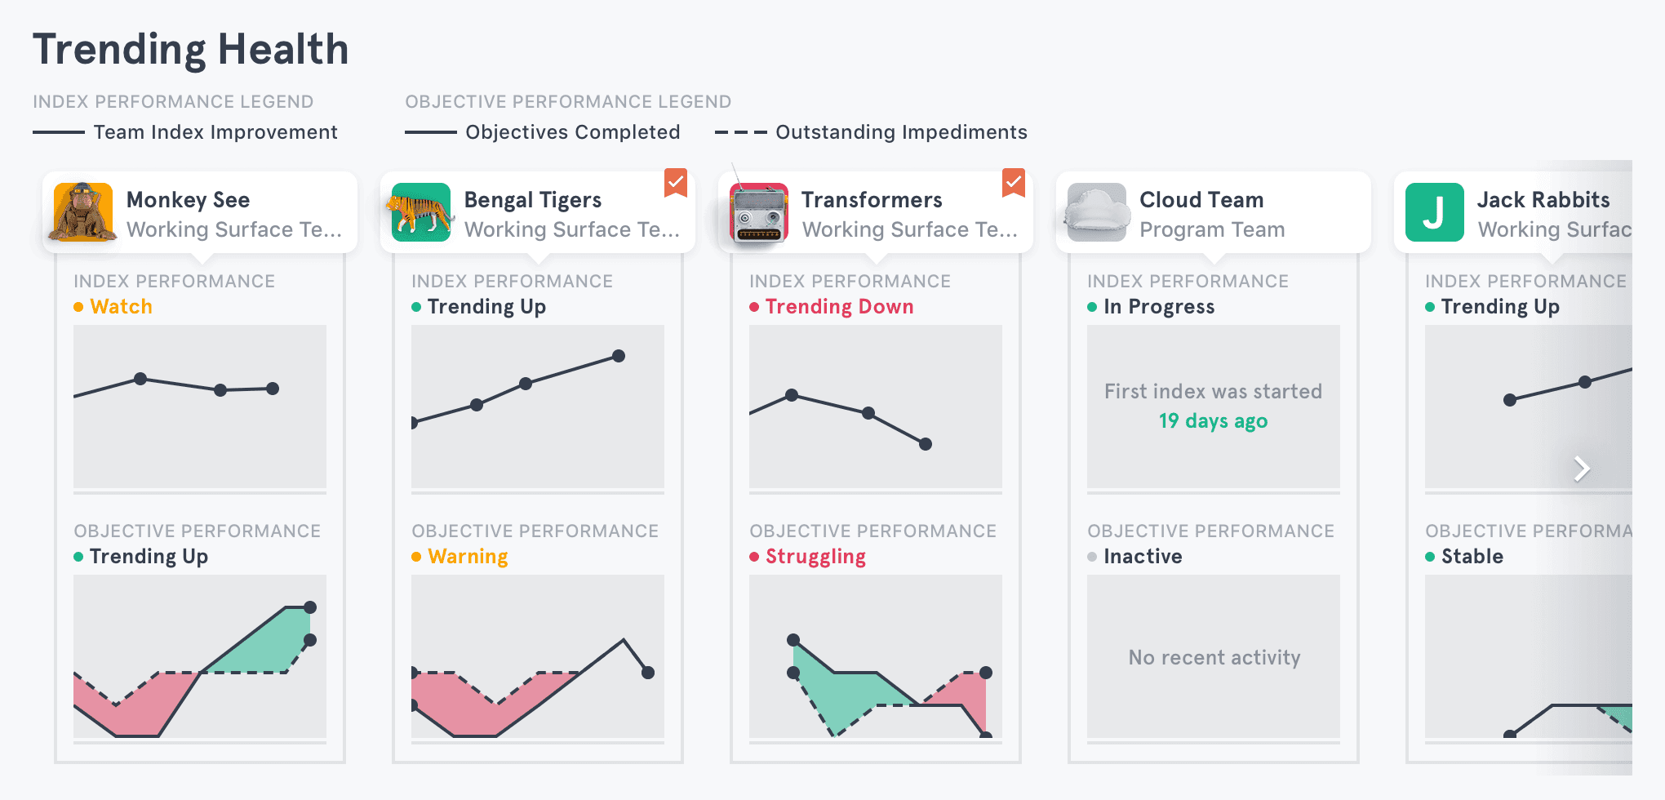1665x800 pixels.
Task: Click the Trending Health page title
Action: [x=190, y=50]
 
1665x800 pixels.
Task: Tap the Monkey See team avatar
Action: [x=82, y=212]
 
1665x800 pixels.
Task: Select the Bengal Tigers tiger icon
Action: [x=420, y=212]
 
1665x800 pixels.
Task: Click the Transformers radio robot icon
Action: [x=759, y=212]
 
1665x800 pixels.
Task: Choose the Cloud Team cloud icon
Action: [x=1097, y=212]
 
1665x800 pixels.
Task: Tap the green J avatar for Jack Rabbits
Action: [x=1434, y=212]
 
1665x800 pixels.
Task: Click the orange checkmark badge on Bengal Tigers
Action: [x=676, y=183]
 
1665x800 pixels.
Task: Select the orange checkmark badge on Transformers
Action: [x=1014, y=183]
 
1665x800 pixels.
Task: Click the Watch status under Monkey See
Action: [x=121, y=307]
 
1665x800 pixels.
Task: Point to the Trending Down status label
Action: [x=839, y=307]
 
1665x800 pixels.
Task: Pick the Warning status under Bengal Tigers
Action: [x=468, y=557]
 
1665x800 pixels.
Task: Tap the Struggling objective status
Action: [x=815, y=557]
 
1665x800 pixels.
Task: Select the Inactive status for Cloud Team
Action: [x=1143, y=557]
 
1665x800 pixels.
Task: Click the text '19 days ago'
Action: [x=1213, y=421]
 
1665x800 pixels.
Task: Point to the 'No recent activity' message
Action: [x=1214, y=658]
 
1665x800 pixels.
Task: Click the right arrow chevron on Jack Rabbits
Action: [x=1582, y=469]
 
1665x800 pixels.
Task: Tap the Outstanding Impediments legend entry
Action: [x=871, y=132]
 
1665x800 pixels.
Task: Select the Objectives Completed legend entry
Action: [x=543, y=132]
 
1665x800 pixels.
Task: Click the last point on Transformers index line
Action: [x=926, y=444]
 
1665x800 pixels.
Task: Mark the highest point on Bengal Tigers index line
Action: [x=619, y=356]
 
